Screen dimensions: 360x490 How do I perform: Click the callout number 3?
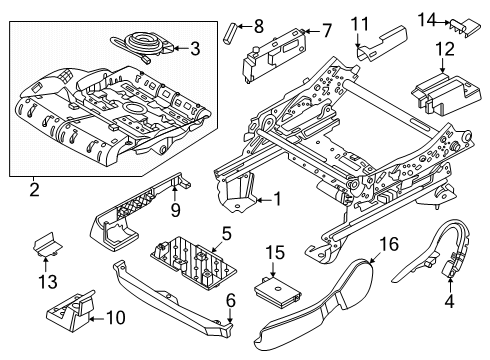(194, 47)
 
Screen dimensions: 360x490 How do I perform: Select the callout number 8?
(257, 25)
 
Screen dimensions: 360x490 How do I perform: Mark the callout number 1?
(277, 199)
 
